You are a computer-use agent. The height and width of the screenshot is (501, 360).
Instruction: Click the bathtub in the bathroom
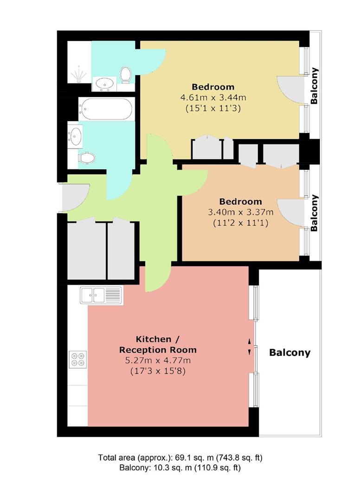pos(105,109)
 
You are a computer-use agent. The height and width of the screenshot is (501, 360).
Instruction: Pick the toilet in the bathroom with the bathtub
pos(87,158)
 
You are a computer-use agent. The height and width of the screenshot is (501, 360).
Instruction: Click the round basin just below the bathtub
pos(75,136)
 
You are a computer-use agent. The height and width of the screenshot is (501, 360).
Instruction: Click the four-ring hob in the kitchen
pos(77,360)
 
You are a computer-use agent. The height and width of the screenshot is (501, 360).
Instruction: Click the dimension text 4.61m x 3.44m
pos(213,98)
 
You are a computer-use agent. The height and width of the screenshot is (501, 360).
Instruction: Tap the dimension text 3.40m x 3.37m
pos(240,212)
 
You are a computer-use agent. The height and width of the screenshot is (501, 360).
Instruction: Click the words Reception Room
pos(158,350)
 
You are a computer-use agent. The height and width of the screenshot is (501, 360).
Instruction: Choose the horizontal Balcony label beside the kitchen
pos(289,353)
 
